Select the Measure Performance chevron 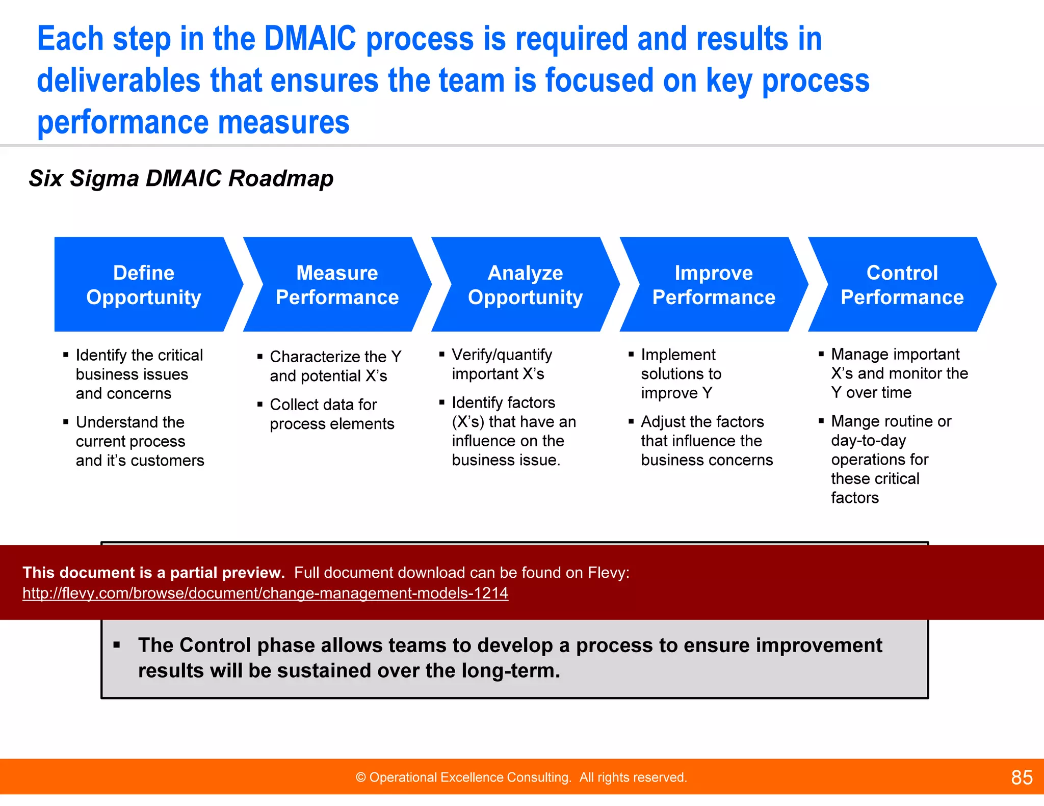pos(337,284)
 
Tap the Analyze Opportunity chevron pos(525,284)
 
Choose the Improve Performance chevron pos(713,284)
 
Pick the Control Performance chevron pos(902,284)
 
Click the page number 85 pos(1022,777)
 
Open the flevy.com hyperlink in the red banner pos(265,593)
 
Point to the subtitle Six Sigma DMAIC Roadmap pos(181,178)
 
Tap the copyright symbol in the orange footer pos(360,777)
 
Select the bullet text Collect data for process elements pos(331,414)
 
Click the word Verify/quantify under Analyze pos(502,355)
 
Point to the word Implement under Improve pos(678,355)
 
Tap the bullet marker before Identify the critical pos(66,355)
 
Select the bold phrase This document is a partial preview pos(153,573)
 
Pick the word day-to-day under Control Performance pos(868,440)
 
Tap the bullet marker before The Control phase pos(117,645)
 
